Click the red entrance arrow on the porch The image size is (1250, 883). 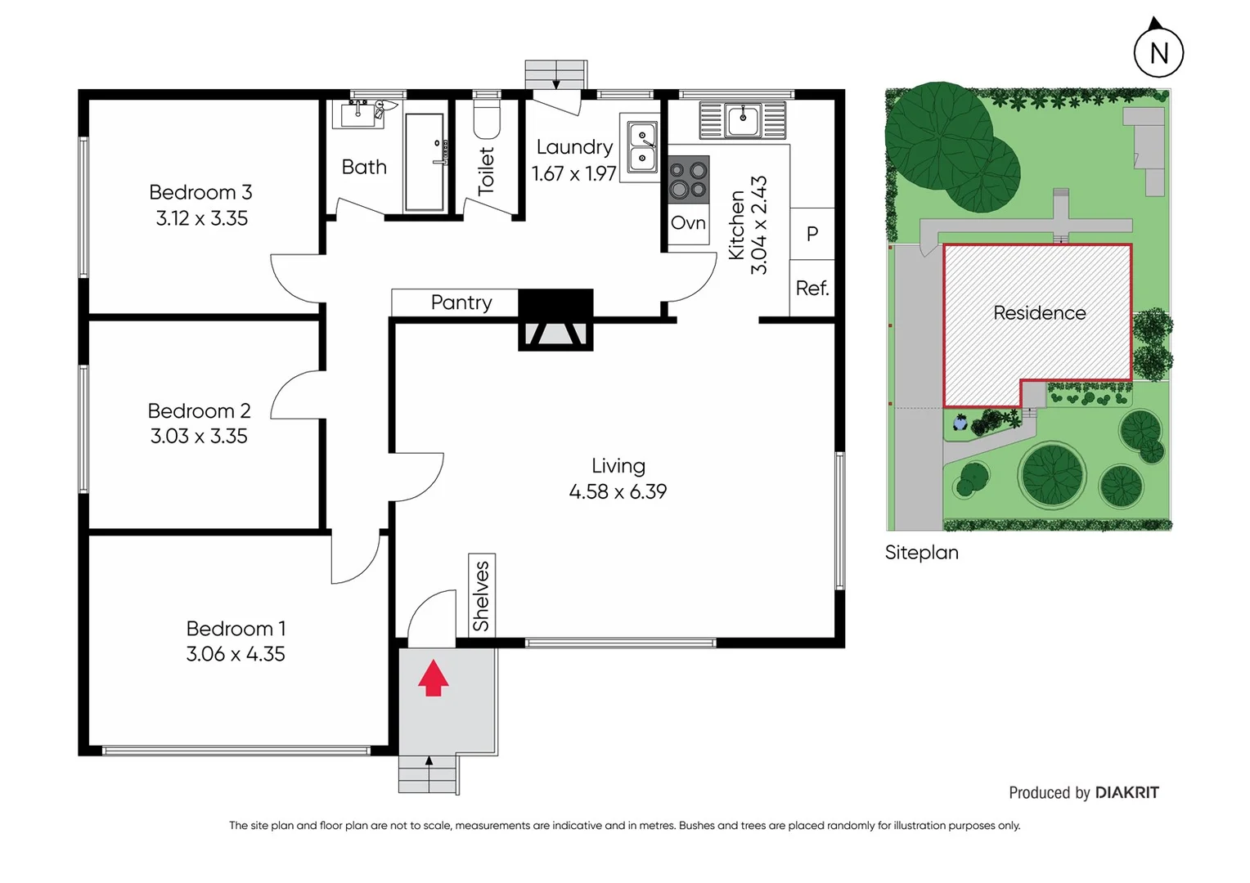pyautogui.click(x=433, y=679)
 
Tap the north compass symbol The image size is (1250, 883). pyautogui.click(x=1158, y=52)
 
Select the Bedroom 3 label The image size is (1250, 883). pyautogui.click(x=200, y=192)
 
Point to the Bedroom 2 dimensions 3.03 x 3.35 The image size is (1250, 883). pyautogui.click(x=199, y=437)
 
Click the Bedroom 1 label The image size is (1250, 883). pyautogui.click(x=236, y=629)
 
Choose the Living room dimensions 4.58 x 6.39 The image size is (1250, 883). pyautogui.click(x=618, y=491)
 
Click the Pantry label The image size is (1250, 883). pyautogui.click(x=461, y=303)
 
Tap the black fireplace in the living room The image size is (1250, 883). pyautogui.click(x=555, y=320)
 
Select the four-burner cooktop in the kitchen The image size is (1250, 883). pyautogui.click(x=688, y=180)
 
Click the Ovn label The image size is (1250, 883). pyautogui.click(x=688, y=223)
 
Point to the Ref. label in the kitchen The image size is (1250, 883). pyautogui.click(x=812, y=289)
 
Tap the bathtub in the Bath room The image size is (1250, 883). pyautogui.click(x=425, y=163)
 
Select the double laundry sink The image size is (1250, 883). pyautogui.click(x=642, y=147)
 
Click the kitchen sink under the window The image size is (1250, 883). pyautogui.click(x=743, y=120)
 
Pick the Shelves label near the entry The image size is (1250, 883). pyautogui.click(x=482, y=595)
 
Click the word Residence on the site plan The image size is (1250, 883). pyautogui.click(x=1039, y=313)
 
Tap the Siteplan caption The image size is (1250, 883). pyautogui.click(x=921, y=553)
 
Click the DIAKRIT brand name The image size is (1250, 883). pyautogui.click(x=1126, y=792)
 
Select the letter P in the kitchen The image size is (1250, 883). pyautogui.click(x=812, y=234)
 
